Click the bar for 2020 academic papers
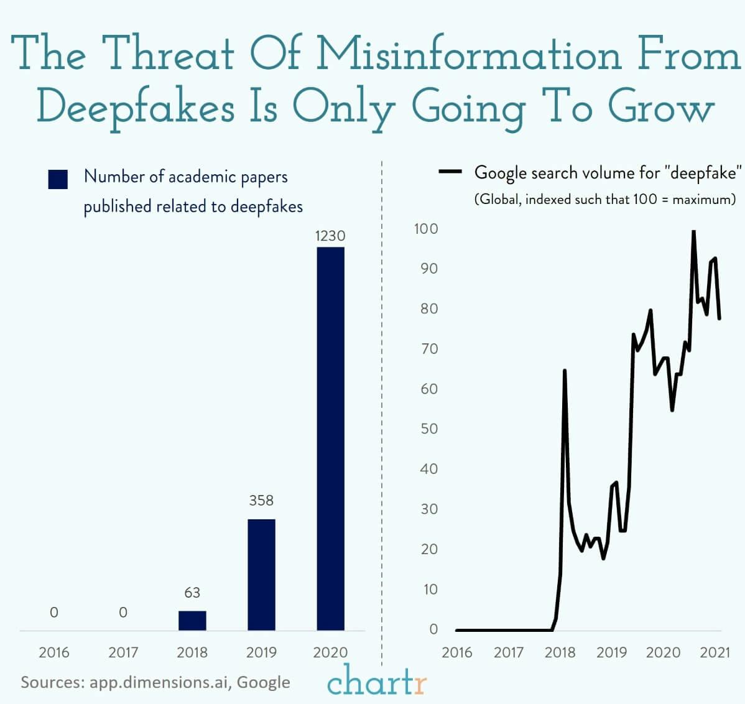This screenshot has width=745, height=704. point(330,438)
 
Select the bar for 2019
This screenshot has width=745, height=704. point(261,575)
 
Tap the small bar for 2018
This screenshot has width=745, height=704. point(192,621)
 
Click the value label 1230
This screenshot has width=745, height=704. point(330,236)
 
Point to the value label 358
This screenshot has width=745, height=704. point(261,501)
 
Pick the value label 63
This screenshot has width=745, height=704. point(192,593)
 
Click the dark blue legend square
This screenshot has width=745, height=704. point(58,179)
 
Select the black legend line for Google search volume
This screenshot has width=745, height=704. point(450,172)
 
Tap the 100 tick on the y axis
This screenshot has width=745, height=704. point(426,229)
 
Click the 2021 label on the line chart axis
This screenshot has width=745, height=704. point(715,652)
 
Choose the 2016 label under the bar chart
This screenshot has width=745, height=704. point(54,652)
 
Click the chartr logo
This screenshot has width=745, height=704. point(377,681)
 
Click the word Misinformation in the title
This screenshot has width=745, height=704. point(469,54)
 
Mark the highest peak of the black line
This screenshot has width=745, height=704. point(693,231)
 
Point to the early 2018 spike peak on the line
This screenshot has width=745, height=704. point(565,371)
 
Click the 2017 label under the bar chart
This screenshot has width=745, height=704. point(123,652)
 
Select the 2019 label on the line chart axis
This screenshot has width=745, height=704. point(611,652)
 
